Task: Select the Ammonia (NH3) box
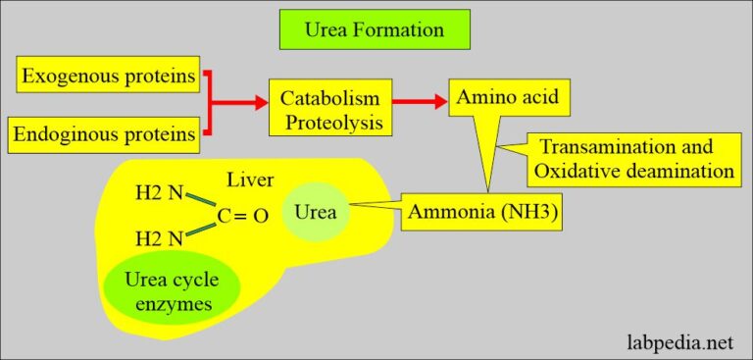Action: tap(481, 214)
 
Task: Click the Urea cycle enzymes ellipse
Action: tap(173, 292)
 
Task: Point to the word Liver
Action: tap(251, 180)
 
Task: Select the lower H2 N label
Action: tap(158, 239)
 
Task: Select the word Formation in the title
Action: tap(401, 30)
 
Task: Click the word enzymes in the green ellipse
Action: tap(172, 304)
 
